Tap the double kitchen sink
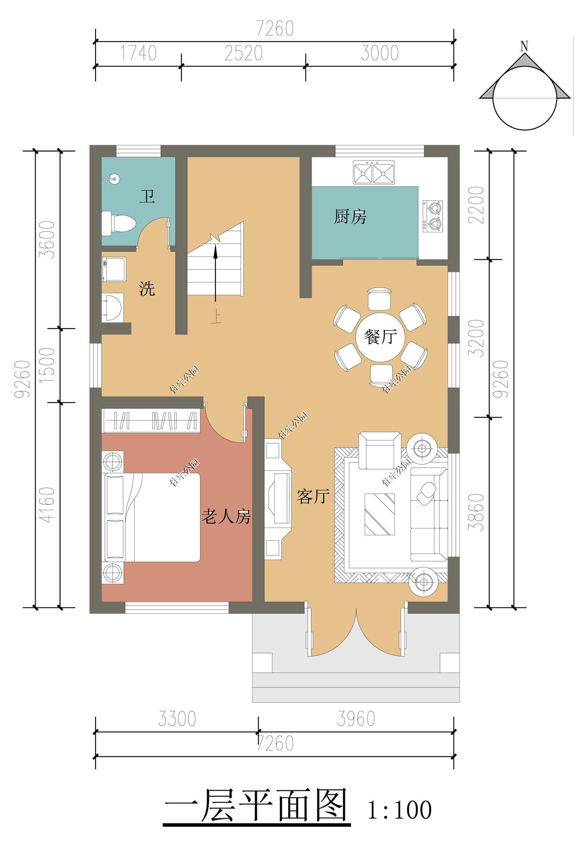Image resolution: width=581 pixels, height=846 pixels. tap(374, 173)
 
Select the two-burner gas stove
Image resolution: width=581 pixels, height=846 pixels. tap(432, 216)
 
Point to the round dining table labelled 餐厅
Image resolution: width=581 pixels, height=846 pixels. tap(380, 337)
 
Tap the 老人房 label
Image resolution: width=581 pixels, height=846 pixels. tap(226, 517)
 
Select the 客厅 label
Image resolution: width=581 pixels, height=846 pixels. tap(313, 496)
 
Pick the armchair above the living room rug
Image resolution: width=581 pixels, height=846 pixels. tap(380, 450)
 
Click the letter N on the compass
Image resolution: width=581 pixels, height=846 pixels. tap(524, 46)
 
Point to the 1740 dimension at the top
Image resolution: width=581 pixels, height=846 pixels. tap(138, 54)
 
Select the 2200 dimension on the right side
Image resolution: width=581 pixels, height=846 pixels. tap(477, 205)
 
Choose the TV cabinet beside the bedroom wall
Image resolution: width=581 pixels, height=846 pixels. tap(278, 500)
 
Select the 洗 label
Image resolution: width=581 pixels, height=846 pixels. tap(147, 289)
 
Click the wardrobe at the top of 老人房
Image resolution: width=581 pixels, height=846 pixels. tap(150, 420)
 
